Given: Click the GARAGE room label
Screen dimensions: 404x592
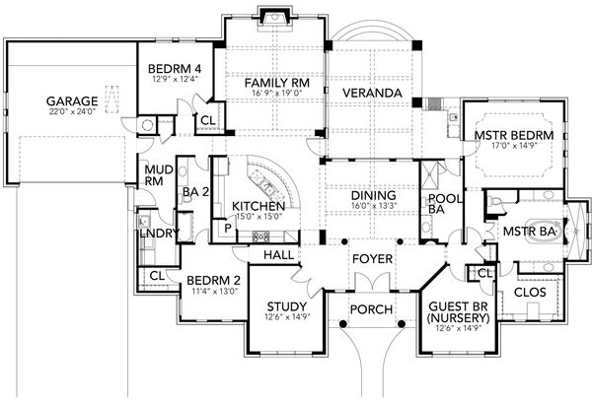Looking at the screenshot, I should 71,101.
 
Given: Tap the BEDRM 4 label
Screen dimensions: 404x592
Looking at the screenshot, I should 174,69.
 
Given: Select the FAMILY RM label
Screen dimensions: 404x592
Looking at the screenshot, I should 277,84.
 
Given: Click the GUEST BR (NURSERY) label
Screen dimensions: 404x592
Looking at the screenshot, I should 455,312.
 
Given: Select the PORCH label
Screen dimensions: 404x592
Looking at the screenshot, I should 372,309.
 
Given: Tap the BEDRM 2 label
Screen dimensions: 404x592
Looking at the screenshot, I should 214,280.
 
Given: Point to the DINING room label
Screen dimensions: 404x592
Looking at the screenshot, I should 373,195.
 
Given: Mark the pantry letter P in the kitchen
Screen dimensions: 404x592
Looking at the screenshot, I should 227,227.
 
